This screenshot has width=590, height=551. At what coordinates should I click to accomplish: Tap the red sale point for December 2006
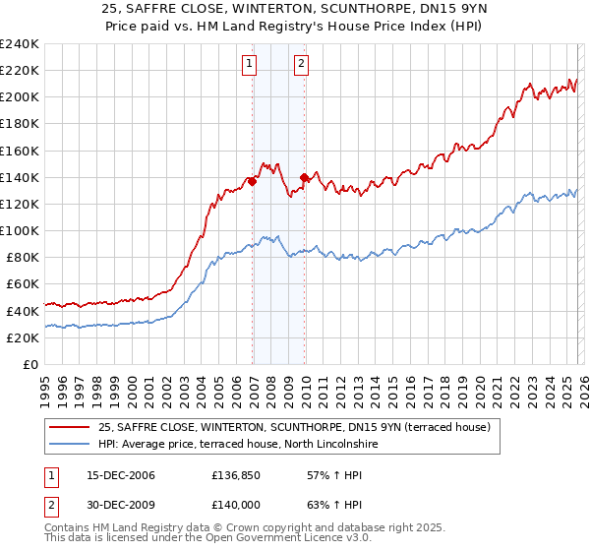[x=253, y=181]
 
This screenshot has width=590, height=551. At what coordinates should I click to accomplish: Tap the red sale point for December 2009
[x=305, y=177]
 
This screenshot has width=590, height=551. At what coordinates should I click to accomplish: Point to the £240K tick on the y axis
[x=19, y=44]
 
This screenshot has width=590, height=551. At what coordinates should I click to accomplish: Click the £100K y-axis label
[x=19, y=230]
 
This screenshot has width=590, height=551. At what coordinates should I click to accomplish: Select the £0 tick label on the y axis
[x=29, y=364]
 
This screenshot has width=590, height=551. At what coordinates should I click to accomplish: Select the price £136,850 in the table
[x=238, y=475]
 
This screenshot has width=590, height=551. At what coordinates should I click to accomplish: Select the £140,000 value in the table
[x=238, y=506]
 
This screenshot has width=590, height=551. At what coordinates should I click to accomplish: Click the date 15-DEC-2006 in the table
[x=113, y=475]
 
